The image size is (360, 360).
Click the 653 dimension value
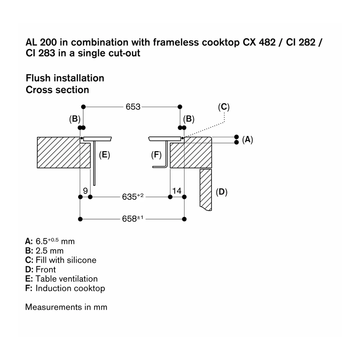[x=133, y=107]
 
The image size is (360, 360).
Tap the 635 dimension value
[x=133, y=197]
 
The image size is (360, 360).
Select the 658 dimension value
[x=133, y=219]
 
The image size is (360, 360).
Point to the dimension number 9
[x=85, y=191]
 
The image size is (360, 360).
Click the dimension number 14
[x=176, y=191]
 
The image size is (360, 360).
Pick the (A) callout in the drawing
[x=247, y=139]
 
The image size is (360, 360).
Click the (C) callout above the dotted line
[x=224, y=107]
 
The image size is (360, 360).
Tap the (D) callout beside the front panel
[x=221, y=192]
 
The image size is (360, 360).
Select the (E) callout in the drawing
[x=104, y=155]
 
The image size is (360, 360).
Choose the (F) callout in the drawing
[x=156, y=155]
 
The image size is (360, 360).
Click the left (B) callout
[x=75, y=119]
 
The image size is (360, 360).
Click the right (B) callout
[x=189, y=119]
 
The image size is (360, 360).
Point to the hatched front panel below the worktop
[x=206, y=189]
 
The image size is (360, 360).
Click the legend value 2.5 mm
[x=49, y=251]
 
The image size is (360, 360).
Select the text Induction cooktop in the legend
[x=70, y=288]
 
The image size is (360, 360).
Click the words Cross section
[x=58, y=90]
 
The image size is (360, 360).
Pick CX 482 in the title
[x=259, y=42]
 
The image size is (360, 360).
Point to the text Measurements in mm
[x=66, y=307]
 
